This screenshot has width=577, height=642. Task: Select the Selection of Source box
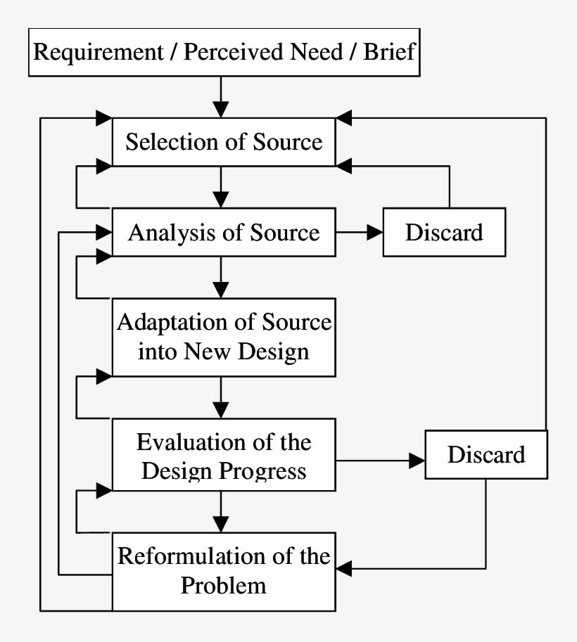[224, 142]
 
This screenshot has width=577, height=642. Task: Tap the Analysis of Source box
[224, 232]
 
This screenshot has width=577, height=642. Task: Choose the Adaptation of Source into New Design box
[224, 338]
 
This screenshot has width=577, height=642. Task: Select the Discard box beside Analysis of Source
[444, 232]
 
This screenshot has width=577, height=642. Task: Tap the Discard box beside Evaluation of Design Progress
[486, 454]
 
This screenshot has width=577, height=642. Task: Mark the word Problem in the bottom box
[224, 585]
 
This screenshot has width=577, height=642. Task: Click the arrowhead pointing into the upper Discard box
[374, 232]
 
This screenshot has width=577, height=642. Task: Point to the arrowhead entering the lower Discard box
[417, 461]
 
